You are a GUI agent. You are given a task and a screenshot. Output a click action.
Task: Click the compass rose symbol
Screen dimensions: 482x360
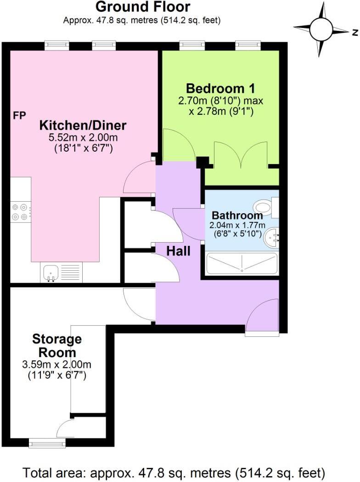(321, 30)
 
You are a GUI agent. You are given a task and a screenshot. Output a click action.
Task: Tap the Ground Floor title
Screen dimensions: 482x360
(142, 7)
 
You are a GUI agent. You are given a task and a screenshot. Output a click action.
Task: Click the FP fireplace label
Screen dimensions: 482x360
(19, 115)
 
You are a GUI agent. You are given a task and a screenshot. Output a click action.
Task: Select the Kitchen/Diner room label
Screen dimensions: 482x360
(83, 125)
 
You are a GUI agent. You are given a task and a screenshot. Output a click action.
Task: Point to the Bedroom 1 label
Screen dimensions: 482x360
(220, 88)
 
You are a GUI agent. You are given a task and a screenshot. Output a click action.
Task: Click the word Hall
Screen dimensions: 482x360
(178, 251)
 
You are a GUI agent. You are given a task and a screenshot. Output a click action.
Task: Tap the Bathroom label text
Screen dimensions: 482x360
(237, 215)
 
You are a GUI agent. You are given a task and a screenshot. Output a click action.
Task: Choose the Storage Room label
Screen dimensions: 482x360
(57, 346)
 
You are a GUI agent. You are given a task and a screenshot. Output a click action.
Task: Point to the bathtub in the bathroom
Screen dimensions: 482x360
(242, 264)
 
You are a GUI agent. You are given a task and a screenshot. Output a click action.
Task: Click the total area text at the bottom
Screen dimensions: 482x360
(174, 472)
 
